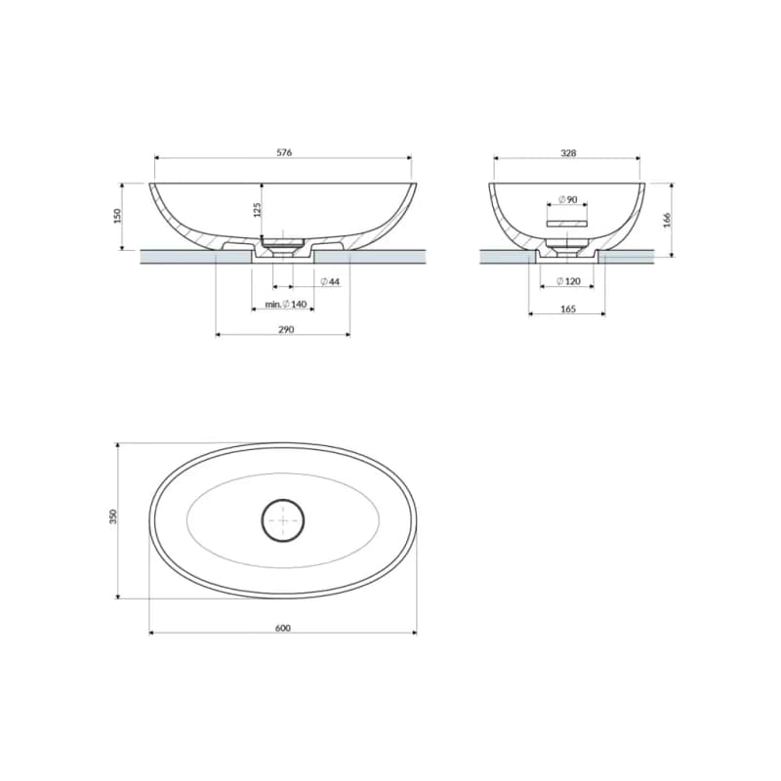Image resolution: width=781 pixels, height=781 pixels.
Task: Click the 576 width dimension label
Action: click(284, 152)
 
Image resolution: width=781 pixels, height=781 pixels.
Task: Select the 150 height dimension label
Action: click(117, 216)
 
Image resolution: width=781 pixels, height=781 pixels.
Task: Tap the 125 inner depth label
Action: click(257, 210)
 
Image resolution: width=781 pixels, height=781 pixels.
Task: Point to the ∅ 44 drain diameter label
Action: click(330, 282)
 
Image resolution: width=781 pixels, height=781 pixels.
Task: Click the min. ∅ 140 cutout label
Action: click(285, 304)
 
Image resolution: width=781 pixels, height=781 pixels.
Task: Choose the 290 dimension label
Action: click(286, 329)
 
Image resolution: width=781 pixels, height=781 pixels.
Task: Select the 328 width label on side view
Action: click(568, 153)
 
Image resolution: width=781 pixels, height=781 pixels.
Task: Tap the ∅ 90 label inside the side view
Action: click(567, 200)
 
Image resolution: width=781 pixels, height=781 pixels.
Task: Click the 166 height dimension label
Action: click(667, 220)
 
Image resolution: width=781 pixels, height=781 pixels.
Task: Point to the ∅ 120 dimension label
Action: click(568, 281)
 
